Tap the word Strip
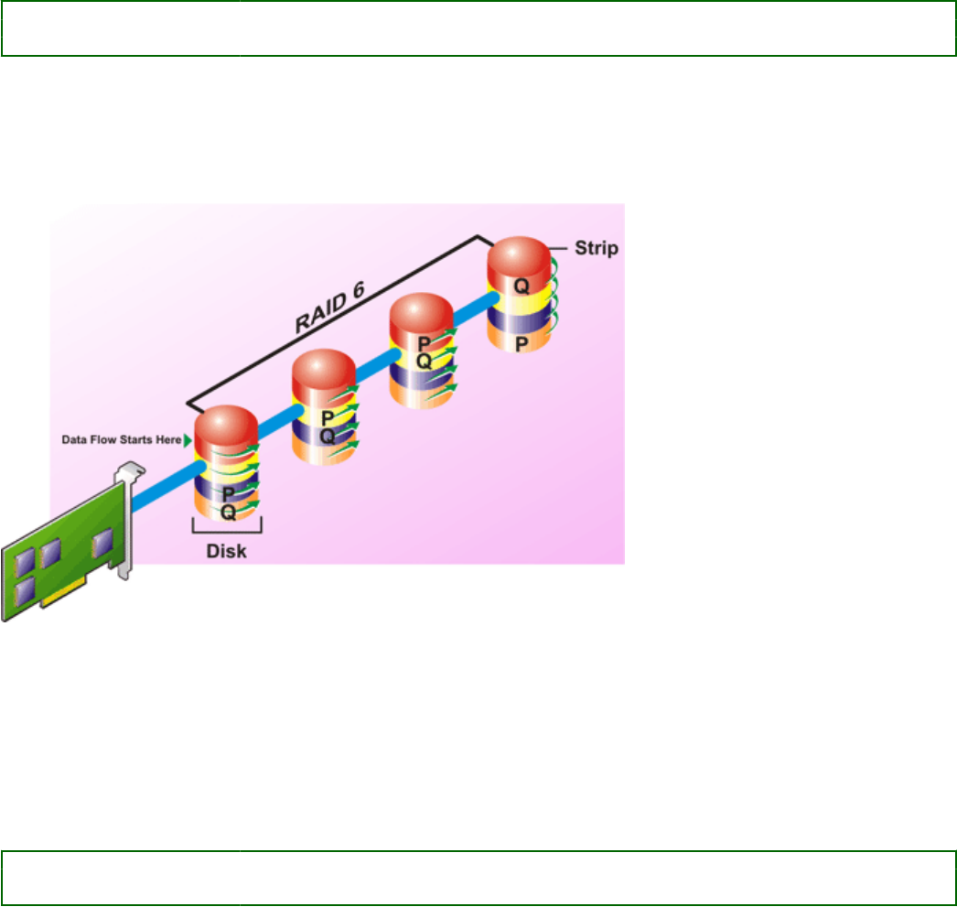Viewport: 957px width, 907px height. coord(596,247)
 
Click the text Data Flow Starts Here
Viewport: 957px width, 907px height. coord(121,439)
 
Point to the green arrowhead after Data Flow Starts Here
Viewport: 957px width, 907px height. coord(188,439)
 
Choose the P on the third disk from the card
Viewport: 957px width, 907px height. coord(423,343)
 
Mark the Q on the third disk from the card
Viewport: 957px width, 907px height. coord(423,361)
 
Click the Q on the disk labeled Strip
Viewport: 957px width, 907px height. coord(522,286)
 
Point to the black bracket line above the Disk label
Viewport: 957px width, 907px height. coord(227,530)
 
